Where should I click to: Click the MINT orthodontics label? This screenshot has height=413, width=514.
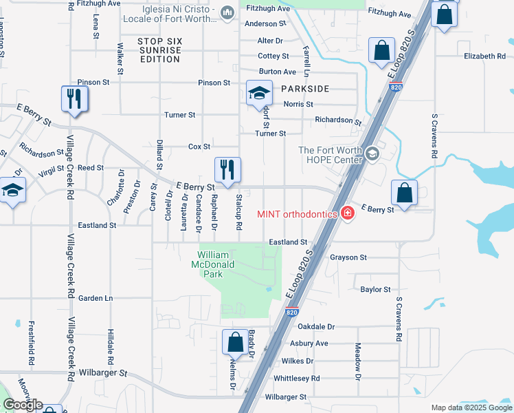pos(297,213)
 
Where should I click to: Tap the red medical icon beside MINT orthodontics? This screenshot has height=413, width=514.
pos(348,213)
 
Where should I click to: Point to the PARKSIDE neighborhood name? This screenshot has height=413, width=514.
pos(304,89)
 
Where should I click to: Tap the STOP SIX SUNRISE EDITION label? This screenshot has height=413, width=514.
pos(159,50)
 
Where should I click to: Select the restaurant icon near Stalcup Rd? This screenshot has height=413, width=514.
pos(227,170)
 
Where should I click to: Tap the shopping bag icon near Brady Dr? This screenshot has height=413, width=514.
pos(235,341)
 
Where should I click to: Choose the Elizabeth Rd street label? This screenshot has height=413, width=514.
pos(489,56)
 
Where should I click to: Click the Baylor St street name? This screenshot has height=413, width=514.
pos(375,290)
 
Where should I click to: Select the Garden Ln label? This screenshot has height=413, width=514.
pos(95,298)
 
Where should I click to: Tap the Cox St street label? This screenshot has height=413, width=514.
pos(199,147)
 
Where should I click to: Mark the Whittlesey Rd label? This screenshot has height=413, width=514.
pos(296,379)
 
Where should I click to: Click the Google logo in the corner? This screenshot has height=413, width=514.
pos(23,405)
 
